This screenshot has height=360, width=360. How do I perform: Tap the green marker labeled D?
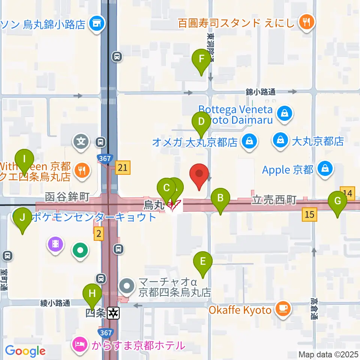point(201,123)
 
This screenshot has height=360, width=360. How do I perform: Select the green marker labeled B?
point(220,199)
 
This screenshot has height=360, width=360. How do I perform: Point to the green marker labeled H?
point(92,295)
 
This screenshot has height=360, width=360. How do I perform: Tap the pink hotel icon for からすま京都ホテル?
point(79,344)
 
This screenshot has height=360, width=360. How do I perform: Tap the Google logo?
point(25,351)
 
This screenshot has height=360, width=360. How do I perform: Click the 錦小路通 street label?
point(261,91)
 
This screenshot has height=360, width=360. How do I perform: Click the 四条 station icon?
point(113,312)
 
